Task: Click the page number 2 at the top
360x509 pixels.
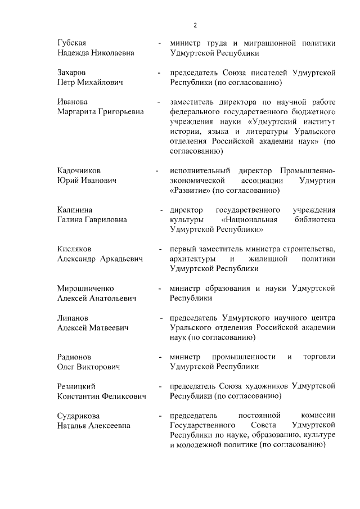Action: tap(195, 25)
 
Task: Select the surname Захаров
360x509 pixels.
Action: tap(73, 73)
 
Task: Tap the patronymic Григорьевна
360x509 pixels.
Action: tap(117, 111)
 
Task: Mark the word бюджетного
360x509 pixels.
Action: tap(312, 111)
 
